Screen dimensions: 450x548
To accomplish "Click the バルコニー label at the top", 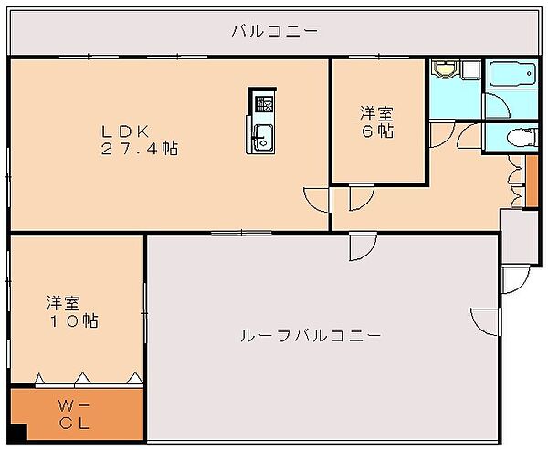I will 273,30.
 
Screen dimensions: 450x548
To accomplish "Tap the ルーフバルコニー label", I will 310,336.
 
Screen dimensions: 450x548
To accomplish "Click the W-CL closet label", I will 76,413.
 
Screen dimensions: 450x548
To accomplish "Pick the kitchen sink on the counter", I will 261,139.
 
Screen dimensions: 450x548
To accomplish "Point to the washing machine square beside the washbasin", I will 469,69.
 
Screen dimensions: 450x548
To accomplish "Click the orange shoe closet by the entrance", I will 532,181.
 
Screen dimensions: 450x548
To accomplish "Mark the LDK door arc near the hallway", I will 316,200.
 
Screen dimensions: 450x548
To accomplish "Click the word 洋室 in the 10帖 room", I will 64,302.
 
